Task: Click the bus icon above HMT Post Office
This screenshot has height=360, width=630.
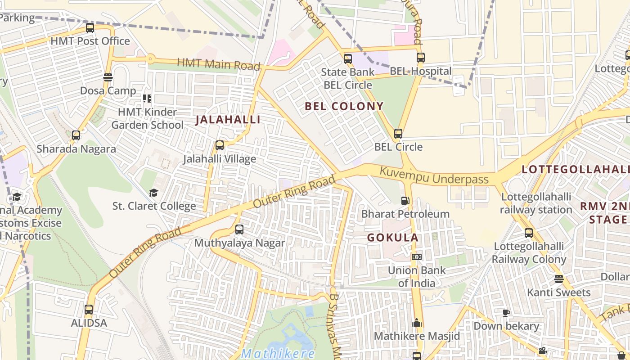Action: coord(90,28)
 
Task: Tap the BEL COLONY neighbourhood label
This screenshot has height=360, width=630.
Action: coord(344,107)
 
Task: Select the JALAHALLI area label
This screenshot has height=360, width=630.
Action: coord(228,120)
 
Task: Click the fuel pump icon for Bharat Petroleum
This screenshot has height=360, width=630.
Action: coord(405,201)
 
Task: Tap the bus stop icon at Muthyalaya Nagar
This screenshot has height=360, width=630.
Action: coord(239,229)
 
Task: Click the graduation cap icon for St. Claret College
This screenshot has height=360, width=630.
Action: coord(154,193)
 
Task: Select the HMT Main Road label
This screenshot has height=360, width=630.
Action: coord(219,64)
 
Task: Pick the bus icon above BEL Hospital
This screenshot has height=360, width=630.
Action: coord(420,58)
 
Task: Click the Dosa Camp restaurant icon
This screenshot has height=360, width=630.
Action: coord(108,77)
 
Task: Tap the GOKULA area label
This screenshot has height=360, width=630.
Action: coord(392,238)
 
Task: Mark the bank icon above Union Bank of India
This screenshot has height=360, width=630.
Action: coord(417,257)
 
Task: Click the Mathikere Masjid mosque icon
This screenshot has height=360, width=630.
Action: coord(417,323)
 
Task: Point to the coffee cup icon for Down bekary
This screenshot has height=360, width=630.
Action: coord(506,313)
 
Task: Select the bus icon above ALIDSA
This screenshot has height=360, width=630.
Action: coord(89,310)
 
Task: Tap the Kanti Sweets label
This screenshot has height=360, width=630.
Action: coord(558,292)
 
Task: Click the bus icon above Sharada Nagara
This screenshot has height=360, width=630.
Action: coord(76,135)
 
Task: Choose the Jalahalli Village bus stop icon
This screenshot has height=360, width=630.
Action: coord(220,145)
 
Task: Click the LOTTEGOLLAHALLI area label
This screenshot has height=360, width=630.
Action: coord(575,170)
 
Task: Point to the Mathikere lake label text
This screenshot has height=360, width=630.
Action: coord(277,354)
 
